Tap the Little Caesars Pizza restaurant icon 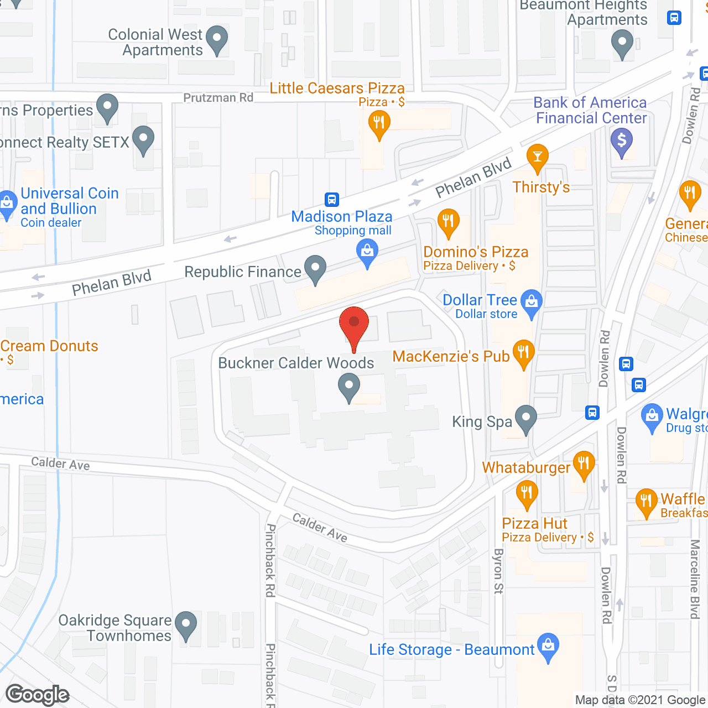(x=379, y=123)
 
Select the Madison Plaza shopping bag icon (x=367, y=252)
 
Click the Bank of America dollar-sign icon (x=622, y=140)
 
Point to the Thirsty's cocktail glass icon (x=537, y=157)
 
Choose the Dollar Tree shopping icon (x=532, y=303)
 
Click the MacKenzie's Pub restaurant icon (x=523, y=352)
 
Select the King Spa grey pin (x=525, y=418)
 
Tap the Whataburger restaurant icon (x=584, y=464)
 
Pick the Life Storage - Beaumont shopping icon (x=548, y=646)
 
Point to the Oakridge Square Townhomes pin (x=186, y=624)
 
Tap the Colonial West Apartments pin (x=217, y=39)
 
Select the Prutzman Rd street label (x=218, y=98)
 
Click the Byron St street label (x=498, y=571)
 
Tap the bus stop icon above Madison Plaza (x=332, y=199)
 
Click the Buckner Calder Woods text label (x=296, y=363)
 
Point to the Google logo (x=38, y=695)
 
